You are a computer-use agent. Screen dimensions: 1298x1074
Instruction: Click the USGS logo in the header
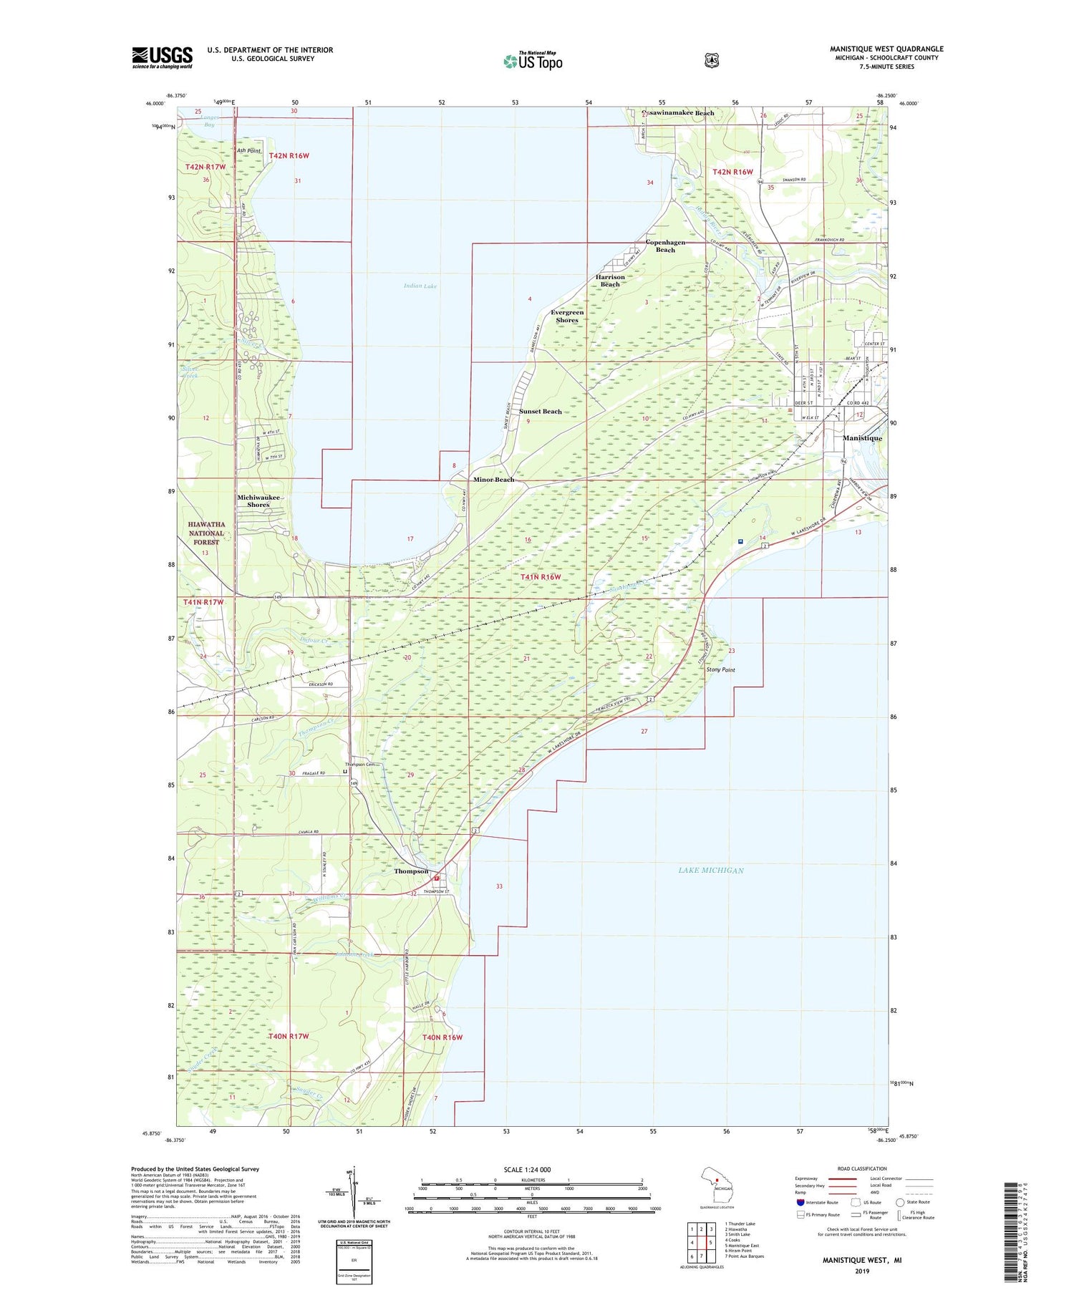tap(162, 57)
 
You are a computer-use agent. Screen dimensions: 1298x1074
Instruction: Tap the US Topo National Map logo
tap(533, 60)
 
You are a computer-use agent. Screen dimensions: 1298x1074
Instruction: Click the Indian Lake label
tap(420, 286)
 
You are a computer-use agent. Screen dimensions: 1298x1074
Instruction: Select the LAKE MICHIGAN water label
tap(710, 870)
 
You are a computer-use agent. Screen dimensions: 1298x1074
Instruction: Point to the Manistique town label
tap(862, 437)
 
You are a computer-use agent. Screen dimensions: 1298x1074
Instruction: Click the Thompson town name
tap(411, 871)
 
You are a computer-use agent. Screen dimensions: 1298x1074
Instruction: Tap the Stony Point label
tap(720, 669)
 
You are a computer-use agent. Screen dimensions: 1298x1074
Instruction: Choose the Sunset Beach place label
tap(541, 412)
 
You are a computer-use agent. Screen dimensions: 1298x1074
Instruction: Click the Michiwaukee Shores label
tap(258, 500)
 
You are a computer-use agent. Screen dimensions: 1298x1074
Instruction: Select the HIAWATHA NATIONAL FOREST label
tap(207, 533)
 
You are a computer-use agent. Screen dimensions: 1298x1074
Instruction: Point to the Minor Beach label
tap(493, 479)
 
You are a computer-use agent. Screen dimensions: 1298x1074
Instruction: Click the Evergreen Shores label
tap(567, 316)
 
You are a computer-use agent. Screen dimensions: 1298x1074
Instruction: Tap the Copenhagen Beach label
tap(665, 246)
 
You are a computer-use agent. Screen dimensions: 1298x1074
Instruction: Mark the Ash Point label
tap(249, 151)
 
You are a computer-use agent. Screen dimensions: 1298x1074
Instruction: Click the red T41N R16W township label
tap(541, 576)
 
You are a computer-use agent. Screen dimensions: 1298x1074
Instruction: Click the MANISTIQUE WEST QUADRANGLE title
tap(886, 49)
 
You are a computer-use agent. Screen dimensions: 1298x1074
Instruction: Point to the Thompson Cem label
tap(362, 765)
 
